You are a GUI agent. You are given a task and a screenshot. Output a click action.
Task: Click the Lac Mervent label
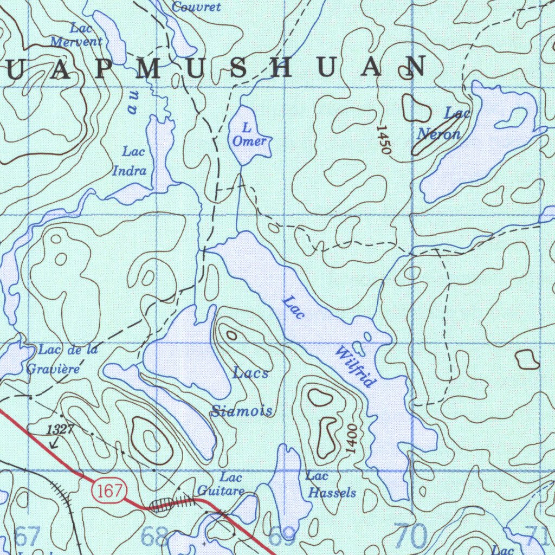[x=77, y=34]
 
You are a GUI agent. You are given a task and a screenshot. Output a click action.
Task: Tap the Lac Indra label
[x=130, y=161]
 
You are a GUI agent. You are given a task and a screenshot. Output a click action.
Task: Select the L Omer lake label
[x=249, y=135]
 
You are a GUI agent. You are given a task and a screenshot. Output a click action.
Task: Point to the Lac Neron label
[x=442, y=125]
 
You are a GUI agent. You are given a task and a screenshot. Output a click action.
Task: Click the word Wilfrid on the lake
[x=356, y=369]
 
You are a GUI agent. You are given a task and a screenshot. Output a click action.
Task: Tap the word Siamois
[x=242, y=411]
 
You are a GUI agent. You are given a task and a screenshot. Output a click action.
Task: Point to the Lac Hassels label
[x=331, y=485]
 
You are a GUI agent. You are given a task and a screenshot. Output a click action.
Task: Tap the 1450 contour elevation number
[x=384, y=140]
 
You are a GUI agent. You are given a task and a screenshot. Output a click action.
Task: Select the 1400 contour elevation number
[x=352, y=440]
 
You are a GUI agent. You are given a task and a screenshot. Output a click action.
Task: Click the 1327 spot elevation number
[x=60, y=430]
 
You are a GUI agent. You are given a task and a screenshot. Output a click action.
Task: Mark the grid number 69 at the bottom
[x=283, y=537]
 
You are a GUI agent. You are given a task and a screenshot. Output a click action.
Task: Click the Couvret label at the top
[x=196, y=7]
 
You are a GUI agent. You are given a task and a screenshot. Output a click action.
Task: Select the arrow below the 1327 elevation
[x=53, y=443]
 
